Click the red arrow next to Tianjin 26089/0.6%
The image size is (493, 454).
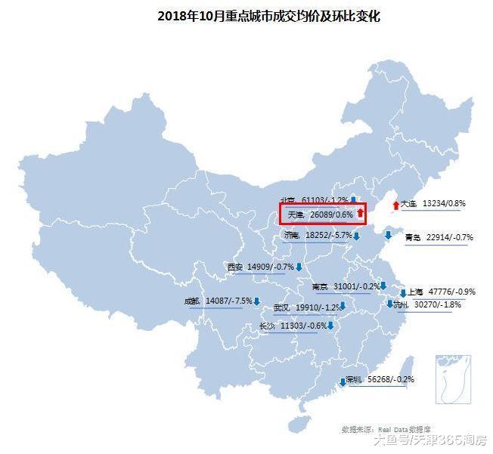pos(361,215)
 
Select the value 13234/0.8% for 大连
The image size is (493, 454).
pos(445,203)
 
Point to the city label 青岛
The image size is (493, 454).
pos(413,238)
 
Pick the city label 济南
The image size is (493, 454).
pos(292,236)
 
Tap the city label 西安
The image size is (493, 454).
pos(234,267)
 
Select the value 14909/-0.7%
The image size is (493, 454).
pos(270,267)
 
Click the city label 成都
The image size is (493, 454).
pos(191,301)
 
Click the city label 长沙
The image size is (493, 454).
pos(267,326)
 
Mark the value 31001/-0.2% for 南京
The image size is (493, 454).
pos(356,287)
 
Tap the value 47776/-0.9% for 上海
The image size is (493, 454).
pos(452,292)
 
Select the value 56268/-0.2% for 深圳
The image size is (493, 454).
pos(390,380)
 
